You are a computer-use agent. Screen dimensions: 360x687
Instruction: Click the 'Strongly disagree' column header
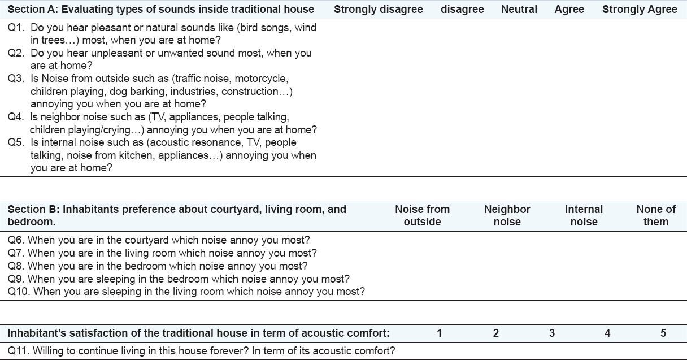click(378, 9)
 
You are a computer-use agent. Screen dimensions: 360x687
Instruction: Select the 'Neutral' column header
click(519, 9)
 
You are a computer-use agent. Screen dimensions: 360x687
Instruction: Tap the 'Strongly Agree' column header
click(640, 9)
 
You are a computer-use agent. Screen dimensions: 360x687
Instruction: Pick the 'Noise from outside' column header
click(422, 215)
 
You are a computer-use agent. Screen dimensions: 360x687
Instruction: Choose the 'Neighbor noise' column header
click(507, 215)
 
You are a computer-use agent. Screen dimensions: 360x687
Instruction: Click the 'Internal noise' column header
click(584, 215)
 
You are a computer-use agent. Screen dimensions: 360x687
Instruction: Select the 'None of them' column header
click(655, 215)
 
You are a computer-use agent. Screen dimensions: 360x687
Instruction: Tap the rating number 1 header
click(440, 333)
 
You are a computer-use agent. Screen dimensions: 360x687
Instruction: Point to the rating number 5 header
click(663, 333)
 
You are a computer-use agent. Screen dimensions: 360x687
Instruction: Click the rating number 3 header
click(552, 333)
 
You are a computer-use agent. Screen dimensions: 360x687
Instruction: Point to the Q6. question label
click(16, 240)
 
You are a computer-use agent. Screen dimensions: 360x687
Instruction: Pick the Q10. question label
click(19, 292)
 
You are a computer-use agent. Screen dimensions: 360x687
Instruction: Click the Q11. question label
click(19, 351)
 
